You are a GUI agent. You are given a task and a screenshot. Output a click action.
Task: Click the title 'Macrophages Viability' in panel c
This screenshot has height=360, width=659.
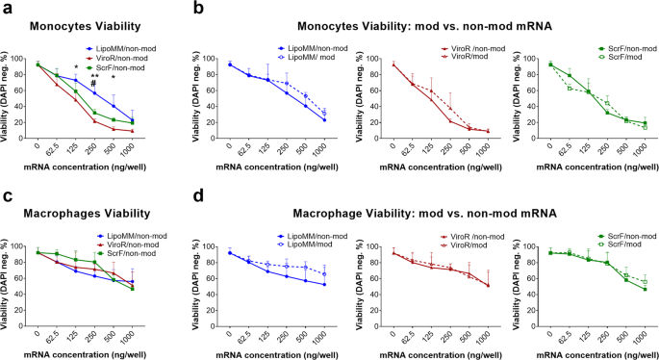tap(76, 214)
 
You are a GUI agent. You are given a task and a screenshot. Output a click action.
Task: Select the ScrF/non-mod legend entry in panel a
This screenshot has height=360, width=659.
tap(120, 66)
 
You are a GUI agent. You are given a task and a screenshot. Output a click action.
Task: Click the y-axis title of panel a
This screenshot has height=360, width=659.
tap(8, 96)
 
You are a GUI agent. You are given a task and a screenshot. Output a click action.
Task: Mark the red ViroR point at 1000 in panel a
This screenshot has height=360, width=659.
tap(132, 130)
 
